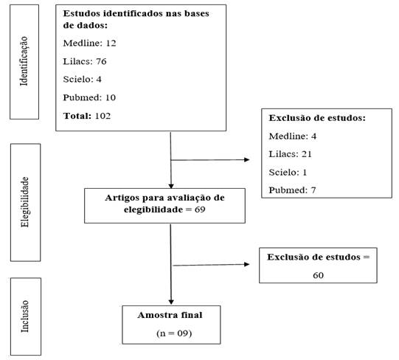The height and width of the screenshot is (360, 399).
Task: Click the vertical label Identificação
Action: [24, 61]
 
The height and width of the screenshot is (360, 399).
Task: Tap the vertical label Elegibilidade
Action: [24, 202]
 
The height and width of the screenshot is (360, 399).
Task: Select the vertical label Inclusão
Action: [24, 316]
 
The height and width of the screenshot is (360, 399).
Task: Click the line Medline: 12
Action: [89, 43]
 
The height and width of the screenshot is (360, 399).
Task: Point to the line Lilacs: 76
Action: [85, 61]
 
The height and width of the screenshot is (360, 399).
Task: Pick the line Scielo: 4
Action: [82, 80]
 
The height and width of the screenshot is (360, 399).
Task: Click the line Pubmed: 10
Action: [89, 97]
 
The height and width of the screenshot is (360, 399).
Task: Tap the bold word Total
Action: [77, 116]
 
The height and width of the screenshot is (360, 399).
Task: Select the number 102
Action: [103, 116]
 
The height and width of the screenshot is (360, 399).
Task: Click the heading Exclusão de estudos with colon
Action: [317, 118]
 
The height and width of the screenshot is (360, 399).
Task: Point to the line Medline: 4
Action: [293, 136]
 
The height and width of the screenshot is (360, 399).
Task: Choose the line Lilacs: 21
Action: [290, 154]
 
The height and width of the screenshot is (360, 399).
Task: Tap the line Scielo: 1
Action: [288, 173]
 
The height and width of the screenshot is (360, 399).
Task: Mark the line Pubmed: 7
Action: [292, 190]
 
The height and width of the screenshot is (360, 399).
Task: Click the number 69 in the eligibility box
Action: [200, 210]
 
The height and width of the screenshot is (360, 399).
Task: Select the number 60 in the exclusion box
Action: [318, 275]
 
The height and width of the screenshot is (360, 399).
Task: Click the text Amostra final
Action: [170, 315]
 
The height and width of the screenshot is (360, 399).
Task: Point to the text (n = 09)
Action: [174, 333]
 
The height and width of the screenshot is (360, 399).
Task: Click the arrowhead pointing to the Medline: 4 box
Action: [246, 159]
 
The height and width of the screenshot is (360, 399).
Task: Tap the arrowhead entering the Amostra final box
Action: [171, 302]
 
